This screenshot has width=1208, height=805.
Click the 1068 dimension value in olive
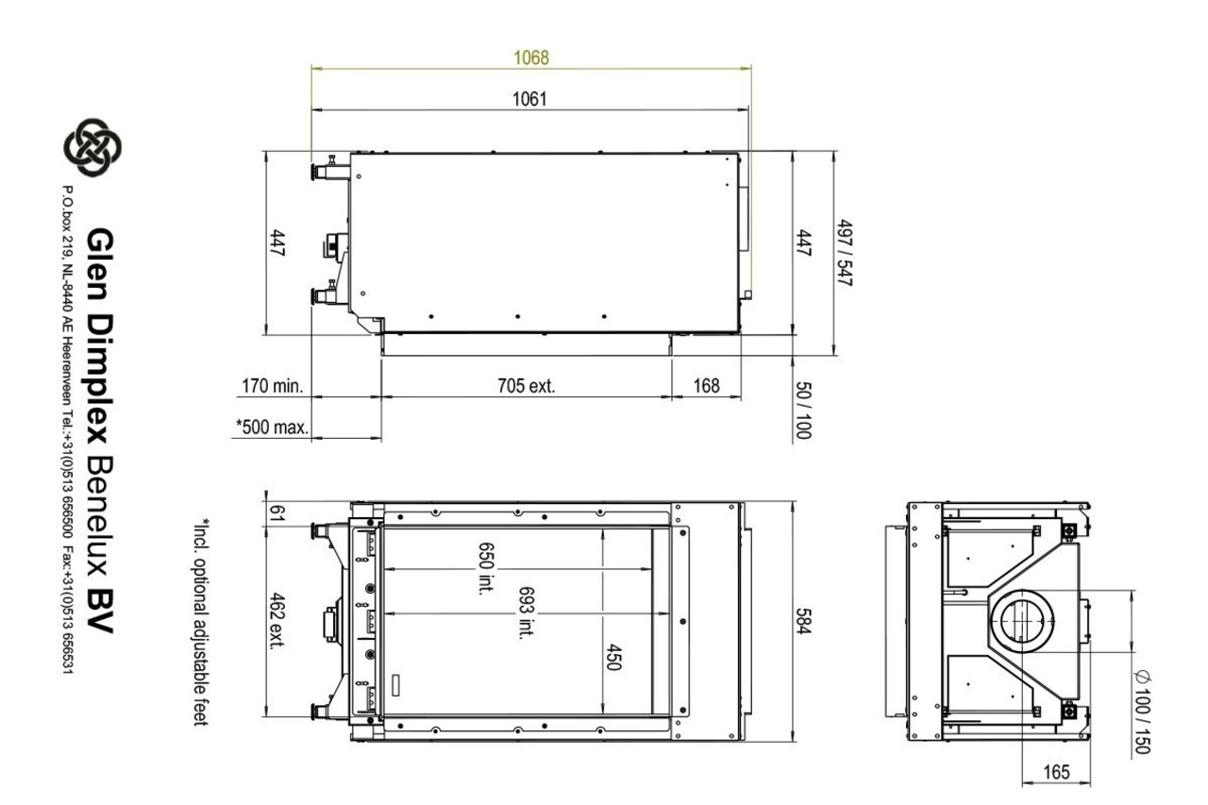click(531, 58)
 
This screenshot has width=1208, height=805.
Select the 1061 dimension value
click(529, 99)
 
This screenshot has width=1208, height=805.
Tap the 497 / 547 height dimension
click(844, 253)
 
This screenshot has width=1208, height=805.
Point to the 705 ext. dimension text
click(526, 386)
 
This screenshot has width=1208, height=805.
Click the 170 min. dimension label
click(273, 386)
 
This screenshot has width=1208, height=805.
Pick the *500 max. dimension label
click(273, 427)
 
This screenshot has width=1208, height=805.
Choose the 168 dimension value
click(707, 386)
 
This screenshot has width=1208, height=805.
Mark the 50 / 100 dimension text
click(803, 411)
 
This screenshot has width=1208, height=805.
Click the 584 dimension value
click(803, 621)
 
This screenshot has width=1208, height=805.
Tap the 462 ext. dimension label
click(277, 621)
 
